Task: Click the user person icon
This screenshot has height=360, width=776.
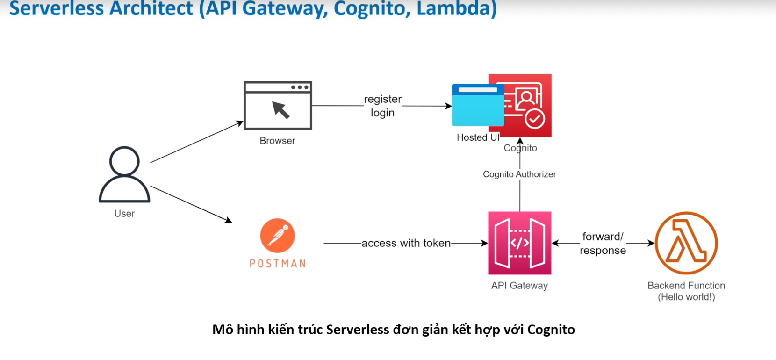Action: pos(124,174)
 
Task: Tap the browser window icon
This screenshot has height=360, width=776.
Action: pos(278,106)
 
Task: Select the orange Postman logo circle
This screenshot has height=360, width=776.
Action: pos(278,236)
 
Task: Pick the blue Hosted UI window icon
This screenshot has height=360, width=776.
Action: pos(477,105)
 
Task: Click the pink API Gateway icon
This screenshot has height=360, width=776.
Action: pos(520,243)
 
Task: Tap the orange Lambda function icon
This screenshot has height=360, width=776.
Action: pos(686,243)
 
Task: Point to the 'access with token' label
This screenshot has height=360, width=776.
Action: pos(406,243)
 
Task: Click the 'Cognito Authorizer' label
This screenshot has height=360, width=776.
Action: pos(519,174)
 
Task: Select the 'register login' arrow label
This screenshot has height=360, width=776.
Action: pos(382,106)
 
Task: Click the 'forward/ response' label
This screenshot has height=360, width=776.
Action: pos(603,243)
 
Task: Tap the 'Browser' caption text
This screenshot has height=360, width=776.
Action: pos(277,141)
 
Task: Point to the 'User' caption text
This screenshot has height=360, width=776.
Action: pos(124,214)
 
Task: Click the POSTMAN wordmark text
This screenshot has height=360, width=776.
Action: pos(278,264)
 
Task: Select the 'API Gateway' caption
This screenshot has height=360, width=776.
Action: pos(519,286)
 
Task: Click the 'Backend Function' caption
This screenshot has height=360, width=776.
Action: pos(686,286)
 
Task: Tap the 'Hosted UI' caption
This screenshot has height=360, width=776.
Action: pos(478,137)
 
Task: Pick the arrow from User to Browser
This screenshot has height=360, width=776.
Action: pos(196,142)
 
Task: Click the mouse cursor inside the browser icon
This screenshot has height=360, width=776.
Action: pos(281,110)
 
